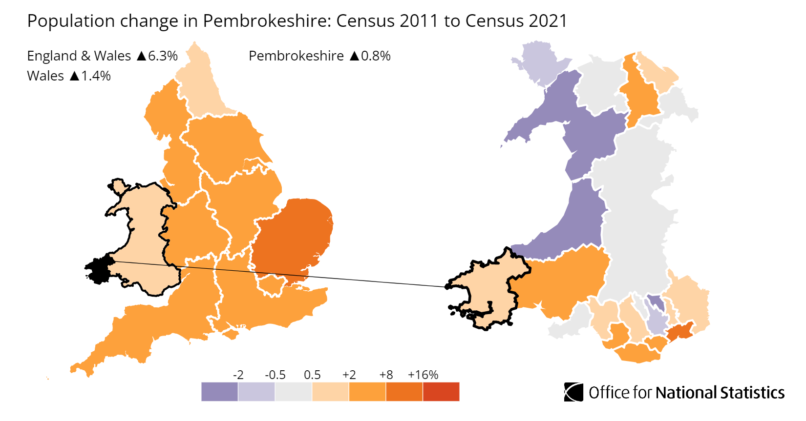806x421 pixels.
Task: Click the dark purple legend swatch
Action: [x=219, y=392]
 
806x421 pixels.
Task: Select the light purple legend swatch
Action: [x=256, y=392]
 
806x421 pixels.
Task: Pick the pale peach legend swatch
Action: [x=330, y=392]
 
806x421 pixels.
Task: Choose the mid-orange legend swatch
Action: [x=367, y=392]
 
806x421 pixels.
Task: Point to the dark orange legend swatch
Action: [x=404, y=392]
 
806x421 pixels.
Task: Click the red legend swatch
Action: [x=441, y=392]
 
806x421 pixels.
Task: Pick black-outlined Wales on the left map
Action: [x=142, y=234]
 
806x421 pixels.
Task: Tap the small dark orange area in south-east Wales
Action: [x=680, y=332]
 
